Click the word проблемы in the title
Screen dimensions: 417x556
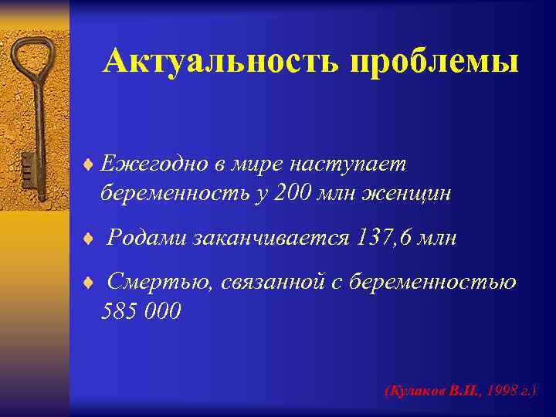tap(434, 62)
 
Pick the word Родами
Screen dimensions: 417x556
tap(145, 239)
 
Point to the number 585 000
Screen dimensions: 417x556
tap(141, 311)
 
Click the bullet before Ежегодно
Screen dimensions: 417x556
tap(89, 164)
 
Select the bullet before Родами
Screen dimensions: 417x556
tap(89, 239)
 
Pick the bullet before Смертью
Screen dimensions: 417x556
tap(89, 283)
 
